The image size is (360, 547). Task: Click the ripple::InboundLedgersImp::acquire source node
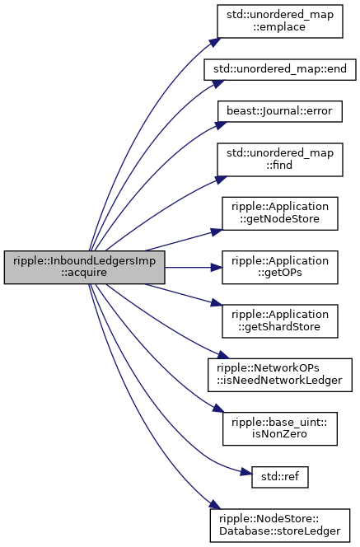coord(84,267)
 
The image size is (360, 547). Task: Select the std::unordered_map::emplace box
coord(280,21)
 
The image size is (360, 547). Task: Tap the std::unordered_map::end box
coord(280,69)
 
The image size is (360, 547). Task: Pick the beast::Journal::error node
coord(280,111)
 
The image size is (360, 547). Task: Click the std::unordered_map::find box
coord(280,159)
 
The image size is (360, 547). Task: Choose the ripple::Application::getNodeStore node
coord(280,213)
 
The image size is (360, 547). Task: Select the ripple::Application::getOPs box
coord(280,267)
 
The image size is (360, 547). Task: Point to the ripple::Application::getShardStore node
coord(280,321)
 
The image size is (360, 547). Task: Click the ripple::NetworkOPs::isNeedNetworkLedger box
coord(280,375)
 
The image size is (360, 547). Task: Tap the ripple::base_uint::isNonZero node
coord(280,428)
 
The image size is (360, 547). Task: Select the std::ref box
coord(280,477)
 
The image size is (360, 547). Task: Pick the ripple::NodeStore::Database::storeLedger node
coord(280,526)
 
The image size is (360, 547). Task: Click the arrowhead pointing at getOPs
coord(217,267)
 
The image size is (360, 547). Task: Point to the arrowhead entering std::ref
coord(246,473)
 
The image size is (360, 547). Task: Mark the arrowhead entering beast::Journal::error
coord(221,124)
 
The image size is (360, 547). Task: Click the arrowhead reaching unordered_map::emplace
coord(216,41)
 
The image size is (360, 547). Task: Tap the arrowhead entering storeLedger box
coord(215,504)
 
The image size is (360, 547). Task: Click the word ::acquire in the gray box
coord(84,273)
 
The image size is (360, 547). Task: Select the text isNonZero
coord(280,434)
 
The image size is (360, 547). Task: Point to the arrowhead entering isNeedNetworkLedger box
coord(223,355)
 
